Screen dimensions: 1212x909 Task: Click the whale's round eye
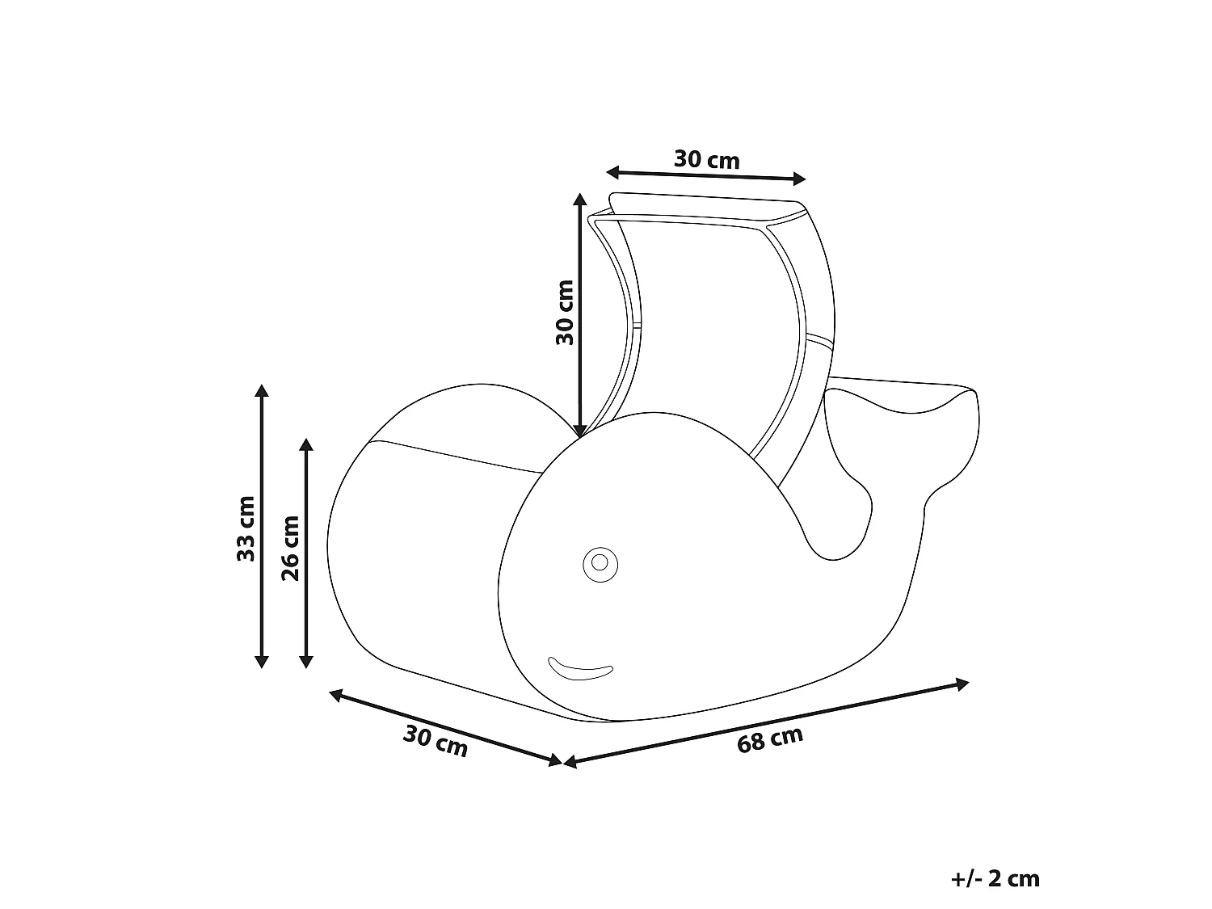(x=600, y=565)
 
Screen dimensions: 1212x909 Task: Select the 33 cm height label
(x=246, y=528)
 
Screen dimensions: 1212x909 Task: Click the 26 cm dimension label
(x=290, y=548)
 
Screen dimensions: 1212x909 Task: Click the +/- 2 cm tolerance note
(x=995, y=878)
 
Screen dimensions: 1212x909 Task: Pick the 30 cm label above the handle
(x=706, y=159)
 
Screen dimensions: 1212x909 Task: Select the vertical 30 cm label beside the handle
(x=565, y=313)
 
